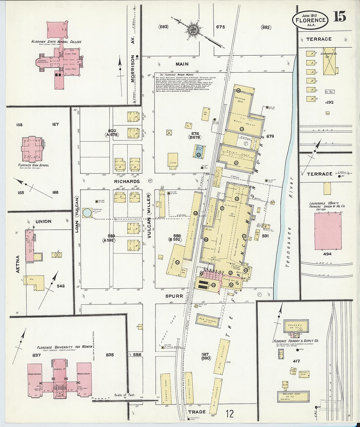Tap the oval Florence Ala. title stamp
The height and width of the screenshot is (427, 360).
(310, 19)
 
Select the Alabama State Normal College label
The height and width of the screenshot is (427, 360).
(56, 42)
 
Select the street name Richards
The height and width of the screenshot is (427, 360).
(127, 181)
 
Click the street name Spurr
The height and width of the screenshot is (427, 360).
(174, 296)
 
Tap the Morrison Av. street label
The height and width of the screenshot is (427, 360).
(133, 68)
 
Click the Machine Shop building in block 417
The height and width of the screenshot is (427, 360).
(293, 396)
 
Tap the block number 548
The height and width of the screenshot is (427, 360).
(61, 286)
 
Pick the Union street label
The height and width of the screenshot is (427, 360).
(43, 222)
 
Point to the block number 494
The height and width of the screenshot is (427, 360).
(327, 254)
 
